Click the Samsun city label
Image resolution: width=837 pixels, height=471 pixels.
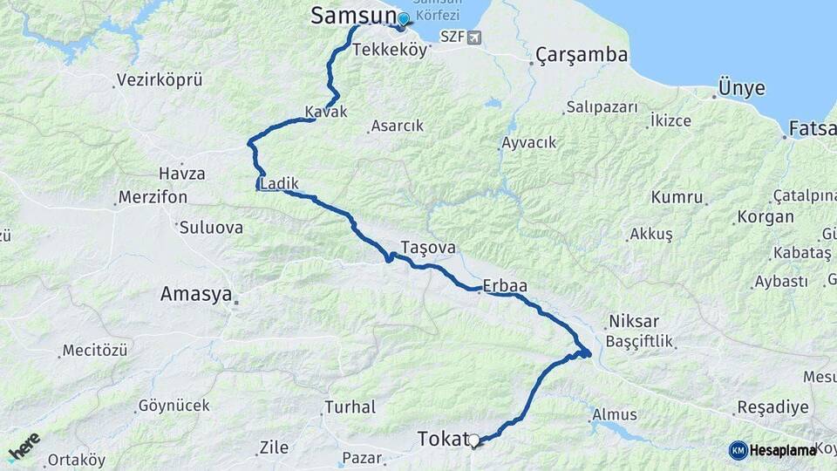pos(352,16)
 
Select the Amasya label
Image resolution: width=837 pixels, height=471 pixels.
pos(196,295)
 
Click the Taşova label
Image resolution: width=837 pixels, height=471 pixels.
pos(428,247)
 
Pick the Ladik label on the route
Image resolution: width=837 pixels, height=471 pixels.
pos(281,184)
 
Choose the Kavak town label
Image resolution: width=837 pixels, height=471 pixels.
pos(326,112)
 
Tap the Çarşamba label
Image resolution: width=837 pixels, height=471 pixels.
pos(582,55)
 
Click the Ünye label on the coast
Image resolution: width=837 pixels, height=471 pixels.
pos(741,88)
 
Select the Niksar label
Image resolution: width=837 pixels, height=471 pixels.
pos(634,321)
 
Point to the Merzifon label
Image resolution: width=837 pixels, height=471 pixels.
pos(153,197)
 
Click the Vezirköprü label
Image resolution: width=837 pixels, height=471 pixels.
pos(160,80)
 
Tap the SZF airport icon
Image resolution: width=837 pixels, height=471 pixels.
pos(473,37)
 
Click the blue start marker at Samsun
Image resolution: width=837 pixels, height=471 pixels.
pos(403,18)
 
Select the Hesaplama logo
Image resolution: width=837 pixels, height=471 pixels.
pos(772,450)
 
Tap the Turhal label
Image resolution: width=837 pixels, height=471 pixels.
pos(350,406)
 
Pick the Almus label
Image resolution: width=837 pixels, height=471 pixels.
pos(615,414)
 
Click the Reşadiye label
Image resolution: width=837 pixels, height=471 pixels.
pos(767,407)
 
